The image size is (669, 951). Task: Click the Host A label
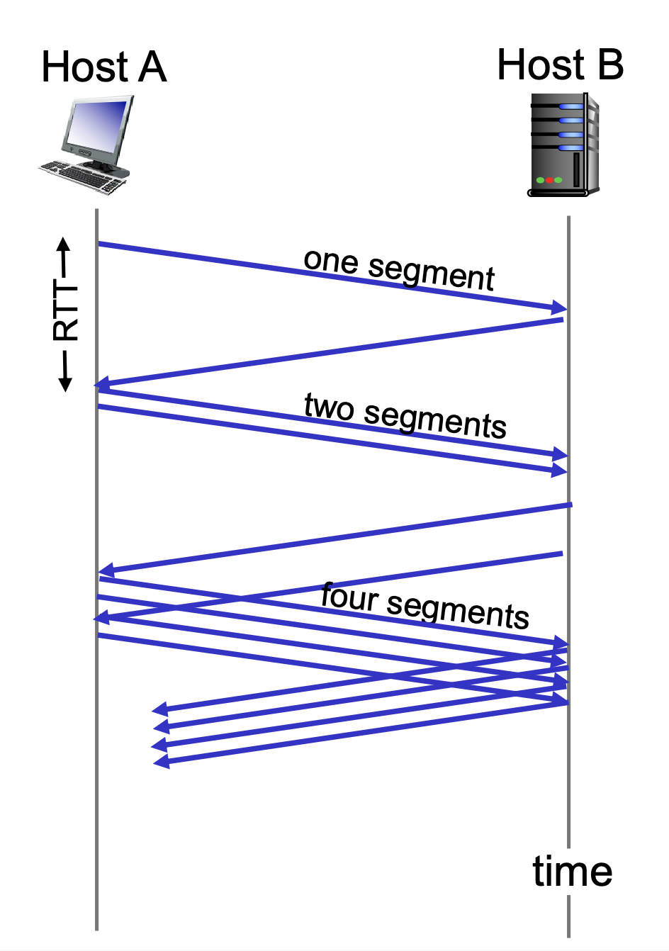point(104,67)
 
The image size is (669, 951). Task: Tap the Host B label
point(560,65)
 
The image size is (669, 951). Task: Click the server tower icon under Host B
point(564,145)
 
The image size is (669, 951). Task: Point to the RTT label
point(66,312)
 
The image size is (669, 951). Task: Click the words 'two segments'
point(405,416)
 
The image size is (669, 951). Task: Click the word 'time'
point(572,871)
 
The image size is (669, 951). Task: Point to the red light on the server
point(549,180)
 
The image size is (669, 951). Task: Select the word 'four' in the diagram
point(348,596)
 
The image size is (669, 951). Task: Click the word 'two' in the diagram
point(329,407)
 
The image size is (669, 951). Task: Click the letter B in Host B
point(610,65)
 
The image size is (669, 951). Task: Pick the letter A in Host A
point(152,68)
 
